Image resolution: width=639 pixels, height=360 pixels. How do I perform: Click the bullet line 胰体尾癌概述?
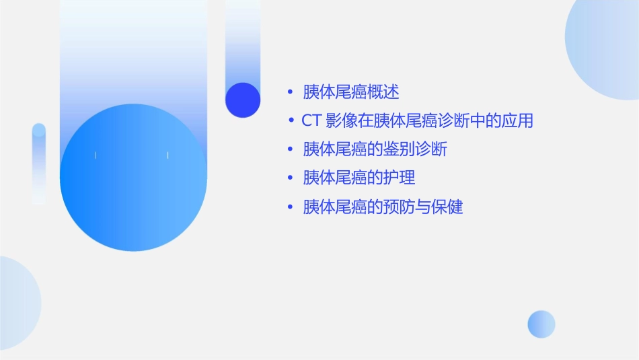(x=351, y=92)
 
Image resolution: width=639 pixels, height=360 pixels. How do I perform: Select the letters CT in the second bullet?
(x=311, y=120)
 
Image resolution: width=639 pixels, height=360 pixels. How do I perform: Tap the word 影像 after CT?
(x=341, y=120)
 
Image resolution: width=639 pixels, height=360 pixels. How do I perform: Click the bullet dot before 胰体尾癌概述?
(x=290, y=92)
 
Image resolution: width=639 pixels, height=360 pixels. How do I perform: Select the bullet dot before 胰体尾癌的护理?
(x=290, y=178)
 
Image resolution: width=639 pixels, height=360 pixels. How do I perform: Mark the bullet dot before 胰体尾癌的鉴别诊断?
(x=290, y=149)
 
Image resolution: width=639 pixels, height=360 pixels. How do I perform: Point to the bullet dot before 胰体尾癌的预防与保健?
(x=290, y=207)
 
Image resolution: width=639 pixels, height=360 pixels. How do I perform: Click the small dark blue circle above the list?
(x=243, y=100)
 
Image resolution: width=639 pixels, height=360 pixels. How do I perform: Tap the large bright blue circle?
(x=133, y=178)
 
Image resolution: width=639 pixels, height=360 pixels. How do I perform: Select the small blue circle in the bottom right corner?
(x=541, y=324)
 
